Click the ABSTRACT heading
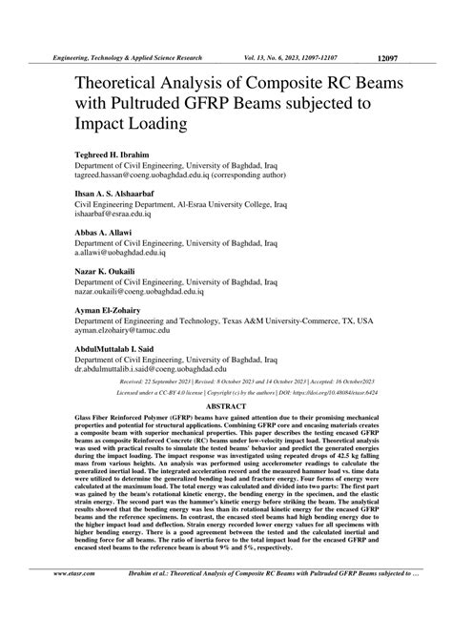tap(226, 404)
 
